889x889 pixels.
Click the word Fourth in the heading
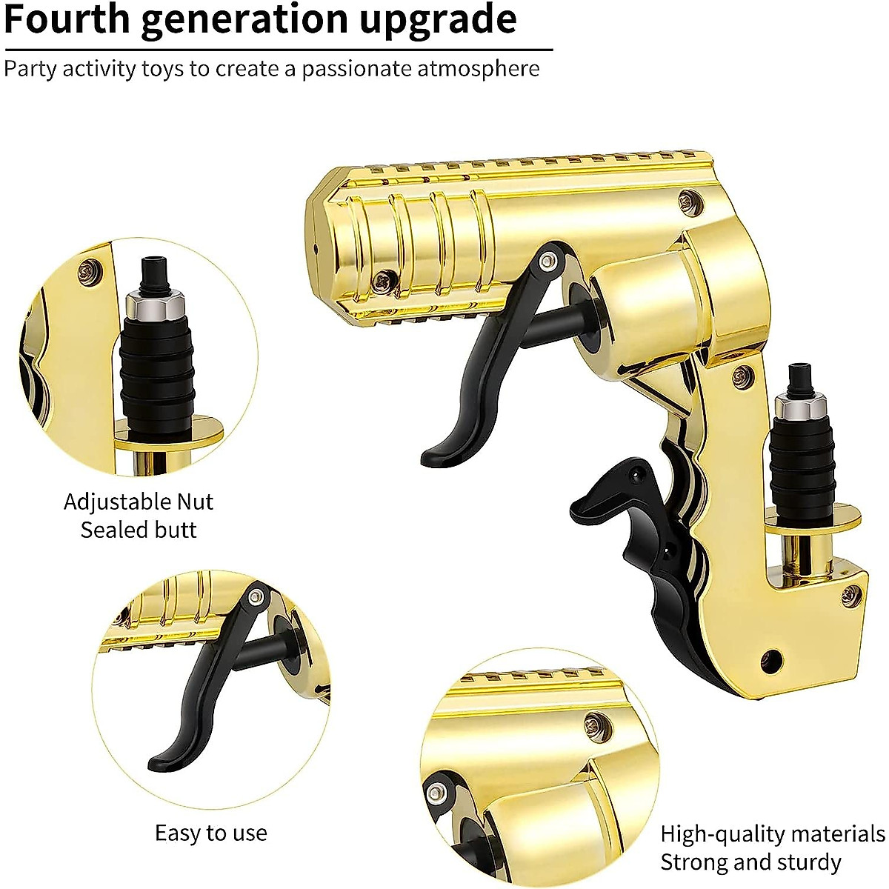pyautogui.click(x=67, y=19)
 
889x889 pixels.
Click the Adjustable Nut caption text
pyautogui.click(x=139, y=502)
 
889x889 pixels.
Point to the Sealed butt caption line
pyautogui.click(x=139, y=530)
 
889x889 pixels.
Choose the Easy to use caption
pyautogui.click(x=210, y=833)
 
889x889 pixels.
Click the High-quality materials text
pyautogui.click(x=772, y=834)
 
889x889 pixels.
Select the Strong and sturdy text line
pyautogui.click(x=750, y=862)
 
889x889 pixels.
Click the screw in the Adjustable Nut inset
pyautogui.click(x=90, y=270)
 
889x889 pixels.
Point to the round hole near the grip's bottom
pyautogui.click(x=773, y=657)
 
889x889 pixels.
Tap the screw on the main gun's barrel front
pyautogui.click(x=384, y=281)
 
